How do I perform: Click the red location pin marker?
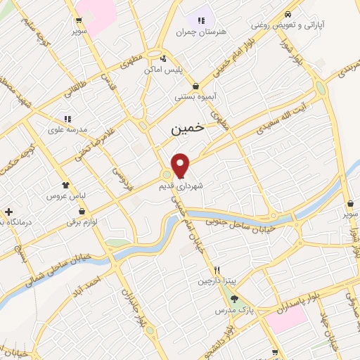click(x=181, y=165)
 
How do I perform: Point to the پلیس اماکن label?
click(x=164, y=70)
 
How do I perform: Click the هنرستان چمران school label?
click(x=204, y=32)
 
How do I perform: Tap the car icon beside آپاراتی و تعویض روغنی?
click(x=288, y=14)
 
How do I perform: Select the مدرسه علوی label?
click(x=67, y=129)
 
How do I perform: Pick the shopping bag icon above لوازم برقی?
click(x=83, y=210)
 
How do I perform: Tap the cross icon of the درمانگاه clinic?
click(x=8, y=211)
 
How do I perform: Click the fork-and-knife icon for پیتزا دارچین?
click(x=218, y=270)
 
